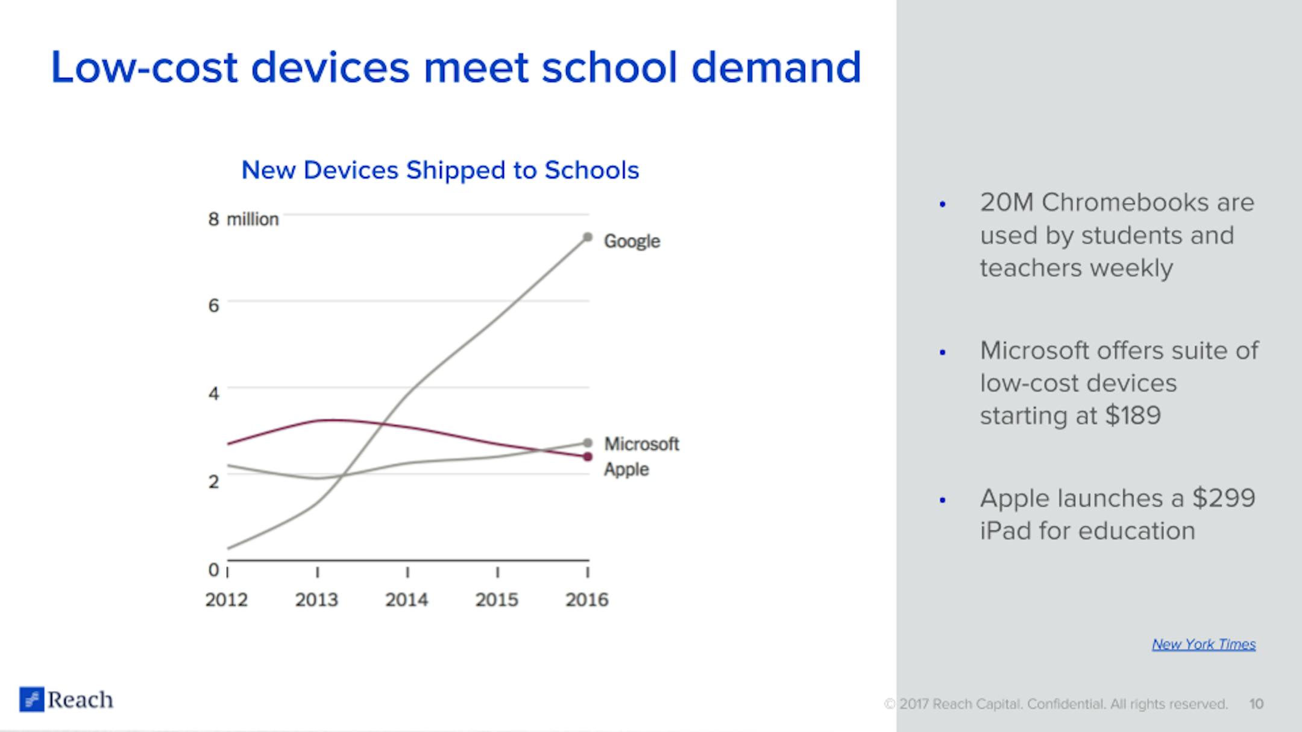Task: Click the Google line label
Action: click(632, 241)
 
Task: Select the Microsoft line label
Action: click(641, 444)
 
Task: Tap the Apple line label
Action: click(626, 469)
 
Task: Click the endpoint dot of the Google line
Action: click(588, 237)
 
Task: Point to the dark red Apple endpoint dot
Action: click(588, 457)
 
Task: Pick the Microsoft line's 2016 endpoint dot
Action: click(588, 443)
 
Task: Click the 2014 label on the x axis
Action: click(407, 599)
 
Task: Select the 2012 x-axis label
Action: click(227, 599)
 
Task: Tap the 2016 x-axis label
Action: click(587, 599)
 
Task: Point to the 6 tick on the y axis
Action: click(213, 305)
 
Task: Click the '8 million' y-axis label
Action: click(244, 219)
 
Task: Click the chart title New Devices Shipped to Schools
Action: click(440, 170)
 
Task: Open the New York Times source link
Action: click(1204, 644)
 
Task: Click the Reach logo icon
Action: click(31, 699)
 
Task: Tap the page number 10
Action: click(1256, 704)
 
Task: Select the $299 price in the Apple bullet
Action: click(1224, 498)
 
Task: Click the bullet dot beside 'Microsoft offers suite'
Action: click(943, 352)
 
